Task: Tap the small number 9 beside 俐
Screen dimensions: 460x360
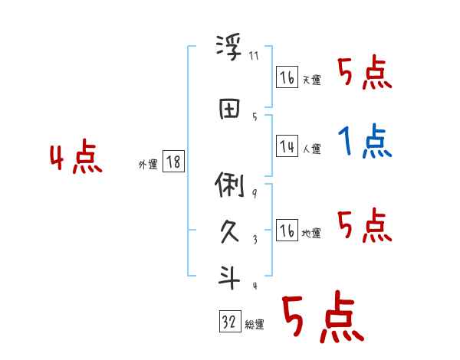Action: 255,193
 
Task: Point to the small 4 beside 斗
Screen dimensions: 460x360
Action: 255,286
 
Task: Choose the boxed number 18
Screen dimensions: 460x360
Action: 173,162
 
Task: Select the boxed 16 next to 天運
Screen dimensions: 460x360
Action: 287,78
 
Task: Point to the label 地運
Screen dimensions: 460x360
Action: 311,234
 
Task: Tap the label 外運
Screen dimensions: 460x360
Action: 148,165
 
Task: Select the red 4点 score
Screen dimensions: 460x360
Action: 76,159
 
